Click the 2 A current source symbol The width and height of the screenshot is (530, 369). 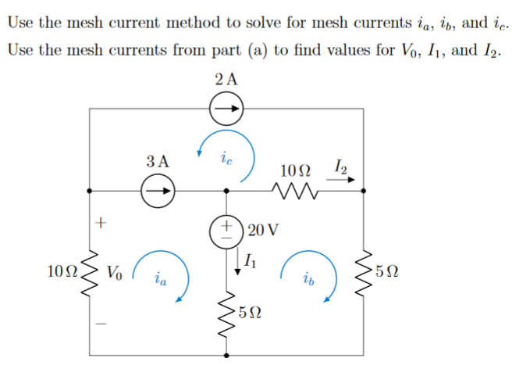tap(227, 110)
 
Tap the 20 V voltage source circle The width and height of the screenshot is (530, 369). tap(227, 232)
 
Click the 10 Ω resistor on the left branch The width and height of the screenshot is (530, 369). tap(91, 271)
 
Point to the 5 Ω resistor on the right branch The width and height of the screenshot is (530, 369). tap(365, 271)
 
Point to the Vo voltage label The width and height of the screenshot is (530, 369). tap(115, 272)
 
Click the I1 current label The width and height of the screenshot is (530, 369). tap(249, 261)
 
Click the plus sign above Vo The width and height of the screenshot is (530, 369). tap(99, 223)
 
